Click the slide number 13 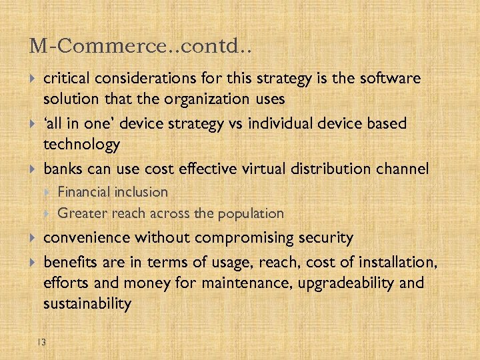41,343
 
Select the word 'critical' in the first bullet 67,79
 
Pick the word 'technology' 81,145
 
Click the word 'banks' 64,169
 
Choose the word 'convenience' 87,238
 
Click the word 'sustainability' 87,304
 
